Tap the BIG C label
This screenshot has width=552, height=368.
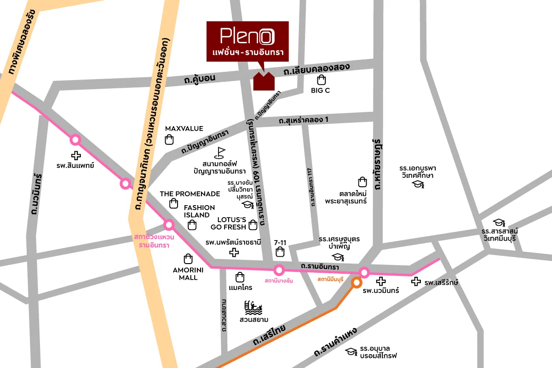click(320, 91)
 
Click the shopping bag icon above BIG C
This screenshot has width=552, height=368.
click(321, 80)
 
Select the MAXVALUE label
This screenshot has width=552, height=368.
click(184, 129)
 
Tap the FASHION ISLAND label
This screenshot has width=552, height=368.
click(200, 211)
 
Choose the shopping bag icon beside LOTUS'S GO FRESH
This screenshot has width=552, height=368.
click(253, 225)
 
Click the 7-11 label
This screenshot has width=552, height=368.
click(280, 241)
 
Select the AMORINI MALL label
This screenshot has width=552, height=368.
click(185, 274)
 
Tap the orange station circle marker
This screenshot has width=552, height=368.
click(356, 283)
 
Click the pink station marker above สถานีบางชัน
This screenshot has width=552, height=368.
click(278, 270)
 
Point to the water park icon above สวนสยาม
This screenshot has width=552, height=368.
click(254, 307)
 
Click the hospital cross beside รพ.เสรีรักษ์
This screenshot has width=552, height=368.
click(416, 282)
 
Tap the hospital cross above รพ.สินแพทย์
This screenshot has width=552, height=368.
click(75, 155)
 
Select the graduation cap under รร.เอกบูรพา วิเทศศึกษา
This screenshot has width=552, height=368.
click(418, 184)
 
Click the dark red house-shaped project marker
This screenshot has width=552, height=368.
click(264, 81)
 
